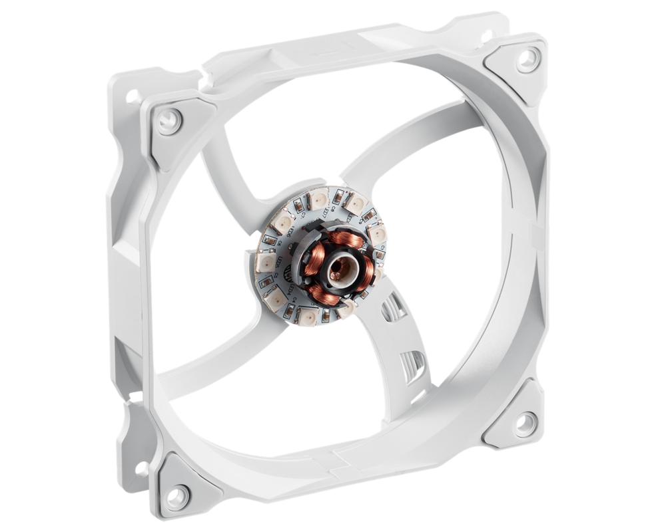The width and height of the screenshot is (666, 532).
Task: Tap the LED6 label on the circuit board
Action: (290, 231)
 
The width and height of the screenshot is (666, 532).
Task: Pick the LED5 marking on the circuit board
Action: (278, 263)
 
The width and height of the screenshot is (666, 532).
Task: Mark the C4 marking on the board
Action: (294, 299)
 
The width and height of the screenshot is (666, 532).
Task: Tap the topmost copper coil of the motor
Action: (346, 239)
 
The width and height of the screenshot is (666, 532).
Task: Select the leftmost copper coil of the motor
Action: (314, 259)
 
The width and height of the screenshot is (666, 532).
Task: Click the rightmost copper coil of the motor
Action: (368, 273)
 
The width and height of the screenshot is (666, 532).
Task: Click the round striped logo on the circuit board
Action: (288, 273)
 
